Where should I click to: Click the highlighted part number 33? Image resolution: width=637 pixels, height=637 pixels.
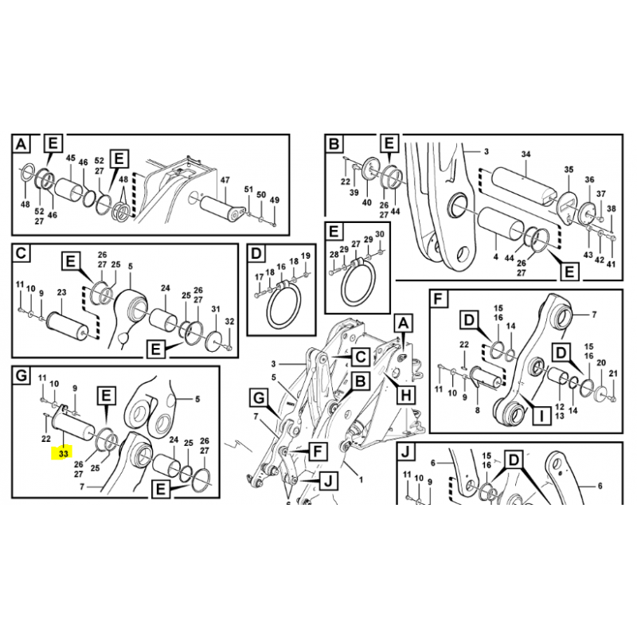tap(64, 453)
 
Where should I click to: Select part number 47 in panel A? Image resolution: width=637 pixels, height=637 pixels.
tap(225, 180)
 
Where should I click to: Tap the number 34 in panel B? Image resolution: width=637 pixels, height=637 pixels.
tap(526, 154)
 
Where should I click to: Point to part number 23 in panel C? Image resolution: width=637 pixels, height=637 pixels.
tap(61, 292)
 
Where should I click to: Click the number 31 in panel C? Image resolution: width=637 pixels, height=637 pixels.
tap(216, 309)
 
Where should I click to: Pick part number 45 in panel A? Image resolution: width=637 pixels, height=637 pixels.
tap(71, 158)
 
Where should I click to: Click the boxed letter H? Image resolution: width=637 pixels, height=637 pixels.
tap(406, 394)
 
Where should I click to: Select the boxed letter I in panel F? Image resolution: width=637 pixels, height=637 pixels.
tap(541, 415)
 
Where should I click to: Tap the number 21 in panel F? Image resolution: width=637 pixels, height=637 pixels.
tap(613, 373)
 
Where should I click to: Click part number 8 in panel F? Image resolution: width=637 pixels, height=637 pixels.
tap(477, 410)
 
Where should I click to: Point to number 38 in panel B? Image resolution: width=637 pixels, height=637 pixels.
tap(611, 209)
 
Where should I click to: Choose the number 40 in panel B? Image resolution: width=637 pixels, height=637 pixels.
tap(367, 202)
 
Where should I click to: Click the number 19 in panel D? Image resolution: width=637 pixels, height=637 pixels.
tap(306, 256)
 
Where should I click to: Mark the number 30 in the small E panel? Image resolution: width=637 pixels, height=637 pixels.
tap(380, 234)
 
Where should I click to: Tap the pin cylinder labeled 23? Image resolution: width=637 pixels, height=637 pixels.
tap(68, 324)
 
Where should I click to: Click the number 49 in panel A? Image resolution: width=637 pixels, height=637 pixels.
tap(275, 200)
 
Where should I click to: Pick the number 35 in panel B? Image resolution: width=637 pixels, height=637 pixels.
tap(569, 170)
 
